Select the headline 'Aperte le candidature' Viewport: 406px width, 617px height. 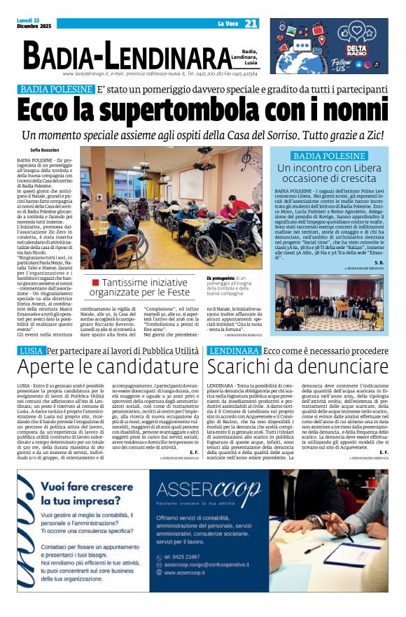click(108, 367)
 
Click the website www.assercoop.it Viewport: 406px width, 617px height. click(190, 572)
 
